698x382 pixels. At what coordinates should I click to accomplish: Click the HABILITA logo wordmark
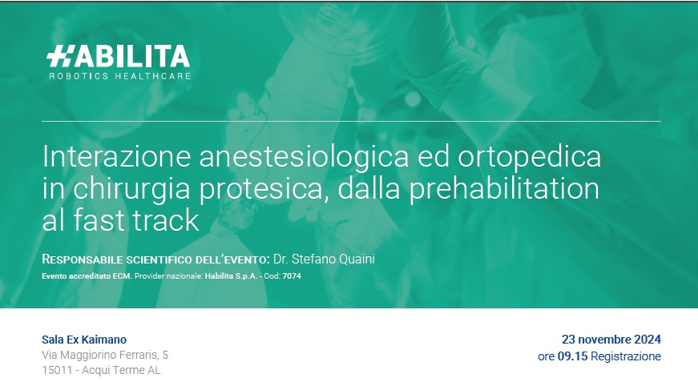[x=118, y=56]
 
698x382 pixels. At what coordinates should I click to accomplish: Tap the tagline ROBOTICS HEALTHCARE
[x=119, y=76]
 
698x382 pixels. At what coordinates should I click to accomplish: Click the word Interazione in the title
[x=117, y=156]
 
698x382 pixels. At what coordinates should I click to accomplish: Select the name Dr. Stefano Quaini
[x=324, y=259]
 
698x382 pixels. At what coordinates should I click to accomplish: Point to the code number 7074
[x=292, y=276]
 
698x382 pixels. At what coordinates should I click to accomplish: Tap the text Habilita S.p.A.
[x=231, y=276]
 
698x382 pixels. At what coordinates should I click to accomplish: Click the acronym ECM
[x=123, y=276]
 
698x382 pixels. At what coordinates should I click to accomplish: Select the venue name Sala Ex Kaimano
[x=84, y=340]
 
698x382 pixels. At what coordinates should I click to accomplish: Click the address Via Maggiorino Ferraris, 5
[x=105, y=356]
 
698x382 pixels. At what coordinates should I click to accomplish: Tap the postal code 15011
[x=57, y=371]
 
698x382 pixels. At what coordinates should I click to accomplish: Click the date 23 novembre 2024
[x=611, y=340]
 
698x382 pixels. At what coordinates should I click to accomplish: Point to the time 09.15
[x=572, y=356]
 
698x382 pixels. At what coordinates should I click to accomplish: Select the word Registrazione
[x=626, y=356]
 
